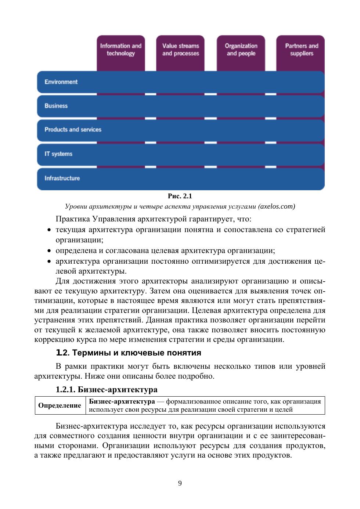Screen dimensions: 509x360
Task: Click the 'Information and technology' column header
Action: tap(120, 50)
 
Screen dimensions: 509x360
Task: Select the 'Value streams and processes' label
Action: tap(180, 50)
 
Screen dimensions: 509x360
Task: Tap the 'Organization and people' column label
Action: tap(241, 50)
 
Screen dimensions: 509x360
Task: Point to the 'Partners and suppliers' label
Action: tap(301, 50)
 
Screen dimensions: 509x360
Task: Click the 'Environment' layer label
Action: tap(61, 82)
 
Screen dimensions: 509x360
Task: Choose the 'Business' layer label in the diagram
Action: tap(56, 106)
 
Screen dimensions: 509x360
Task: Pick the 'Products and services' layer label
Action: tap(73, 130)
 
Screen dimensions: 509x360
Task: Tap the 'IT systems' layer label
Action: tap(58, 154)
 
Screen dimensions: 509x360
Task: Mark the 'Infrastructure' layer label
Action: tap(62, 178)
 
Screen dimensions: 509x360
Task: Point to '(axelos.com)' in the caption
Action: tap(277, 206)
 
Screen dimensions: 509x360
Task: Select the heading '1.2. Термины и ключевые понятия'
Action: tap(128, 353)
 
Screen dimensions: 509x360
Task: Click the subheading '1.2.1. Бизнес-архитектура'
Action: tap(107, 389)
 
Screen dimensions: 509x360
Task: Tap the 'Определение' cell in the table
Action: tap(60, 405)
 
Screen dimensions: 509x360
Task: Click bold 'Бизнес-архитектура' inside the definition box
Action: tap(122, 401)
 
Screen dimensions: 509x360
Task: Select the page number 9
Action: tap(180, 483)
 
